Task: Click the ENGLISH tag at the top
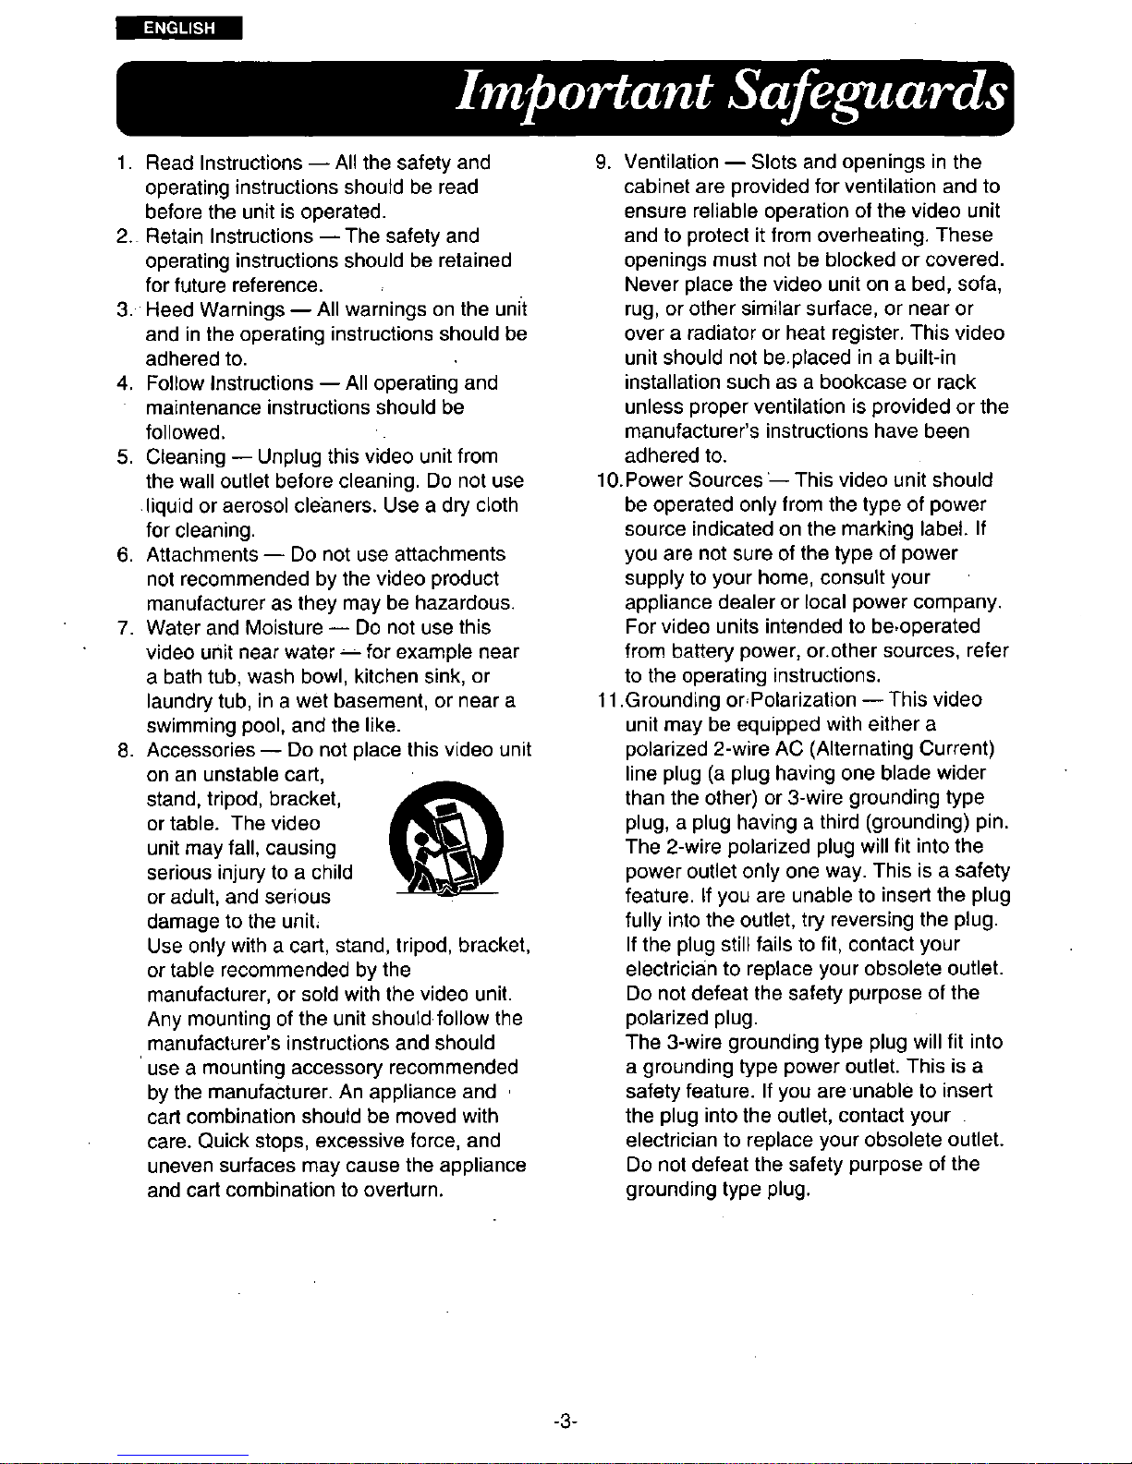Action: tap(179, 28)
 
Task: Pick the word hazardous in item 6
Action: tap(465, 604)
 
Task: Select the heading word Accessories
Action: tap(201, 750)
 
